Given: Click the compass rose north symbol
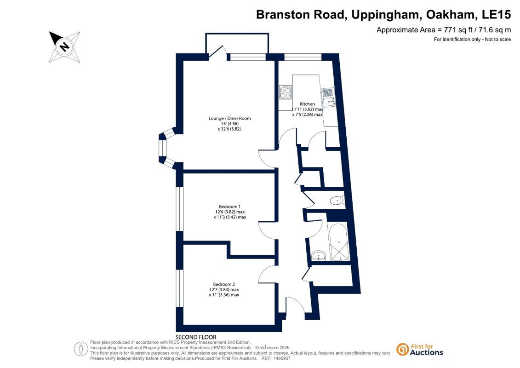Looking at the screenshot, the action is tap(65, 47).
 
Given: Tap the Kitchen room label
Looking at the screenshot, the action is tap(308, 104).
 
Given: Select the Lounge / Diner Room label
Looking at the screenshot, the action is tap(229, 118).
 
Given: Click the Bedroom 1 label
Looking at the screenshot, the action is tap(229, 207).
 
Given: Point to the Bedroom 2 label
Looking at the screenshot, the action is tap(224, 284).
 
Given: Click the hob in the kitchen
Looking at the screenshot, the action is tap(285, 92).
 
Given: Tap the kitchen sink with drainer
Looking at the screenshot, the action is tap(328, 97).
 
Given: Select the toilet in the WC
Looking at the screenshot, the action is tap(337, 201).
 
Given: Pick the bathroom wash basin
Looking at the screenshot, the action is tap(319, 255).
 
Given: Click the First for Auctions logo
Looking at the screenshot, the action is tap(420, 350).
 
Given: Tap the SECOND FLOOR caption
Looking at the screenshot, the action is tap(196, 337).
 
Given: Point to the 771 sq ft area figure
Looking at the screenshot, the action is tap(458, 30).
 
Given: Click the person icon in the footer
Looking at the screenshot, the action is tap(81, 349).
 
